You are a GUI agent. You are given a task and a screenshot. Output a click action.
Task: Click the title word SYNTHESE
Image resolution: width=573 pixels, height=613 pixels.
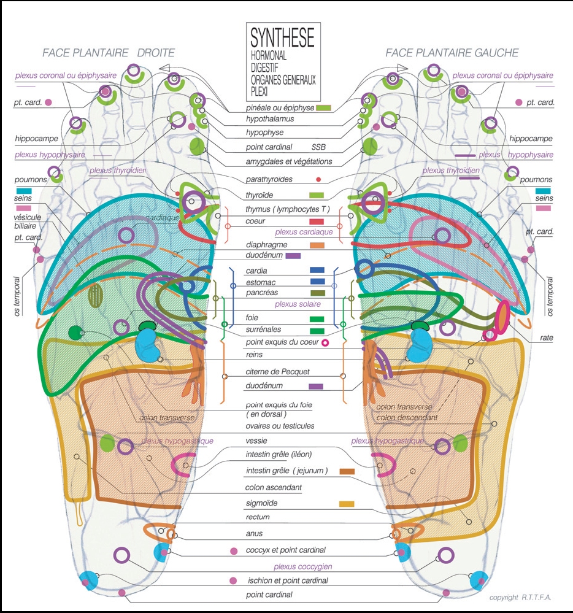coord(282,39)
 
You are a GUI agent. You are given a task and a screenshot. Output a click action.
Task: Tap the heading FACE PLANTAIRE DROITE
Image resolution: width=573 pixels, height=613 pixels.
coord(109,53)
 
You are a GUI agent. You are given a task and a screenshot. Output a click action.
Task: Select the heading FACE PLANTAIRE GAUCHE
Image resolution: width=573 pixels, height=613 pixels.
coord(452,53)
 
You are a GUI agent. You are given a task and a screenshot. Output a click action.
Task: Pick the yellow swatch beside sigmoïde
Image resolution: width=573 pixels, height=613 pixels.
coord(347,504)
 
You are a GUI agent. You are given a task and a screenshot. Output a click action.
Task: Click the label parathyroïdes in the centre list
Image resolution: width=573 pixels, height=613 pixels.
coord(277,180)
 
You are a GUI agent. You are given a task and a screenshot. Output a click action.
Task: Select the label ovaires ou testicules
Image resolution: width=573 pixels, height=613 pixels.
coord(280,426)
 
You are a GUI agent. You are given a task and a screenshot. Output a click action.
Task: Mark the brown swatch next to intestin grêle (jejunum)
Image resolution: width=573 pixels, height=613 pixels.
coord(347,471)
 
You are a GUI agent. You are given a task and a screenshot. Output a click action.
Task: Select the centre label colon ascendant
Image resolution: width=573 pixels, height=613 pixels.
coord(274,487)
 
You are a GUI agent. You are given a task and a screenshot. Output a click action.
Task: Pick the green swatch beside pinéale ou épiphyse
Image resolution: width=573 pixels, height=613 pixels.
coord(323,108)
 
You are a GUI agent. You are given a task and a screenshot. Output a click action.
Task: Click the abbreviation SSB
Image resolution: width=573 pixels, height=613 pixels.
coord(319,147)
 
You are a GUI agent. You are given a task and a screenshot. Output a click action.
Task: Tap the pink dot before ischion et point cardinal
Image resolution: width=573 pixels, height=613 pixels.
coord(233,580)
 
